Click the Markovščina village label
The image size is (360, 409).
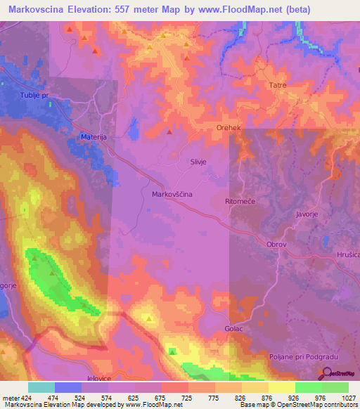point(172,193)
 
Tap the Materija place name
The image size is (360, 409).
point(91,138)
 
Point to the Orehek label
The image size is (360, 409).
point(229,129)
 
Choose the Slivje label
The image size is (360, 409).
point(197,161)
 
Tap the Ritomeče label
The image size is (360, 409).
point(238,202)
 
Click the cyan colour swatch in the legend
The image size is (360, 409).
point(41,387)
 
